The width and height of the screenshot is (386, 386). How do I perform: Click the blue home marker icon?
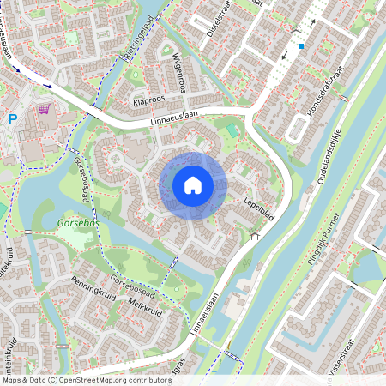(x=193, y=184)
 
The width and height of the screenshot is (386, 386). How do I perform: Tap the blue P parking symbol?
(x=12, y=120)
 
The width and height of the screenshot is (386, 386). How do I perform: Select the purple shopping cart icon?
(x=43, y=110)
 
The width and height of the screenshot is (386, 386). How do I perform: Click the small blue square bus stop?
(x=300, y=46)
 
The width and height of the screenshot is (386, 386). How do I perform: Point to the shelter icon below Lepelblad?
(x=253, y=235)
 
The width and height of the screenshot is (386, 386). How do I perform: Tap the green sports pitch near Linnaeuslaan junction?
(x=231, y=130)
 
